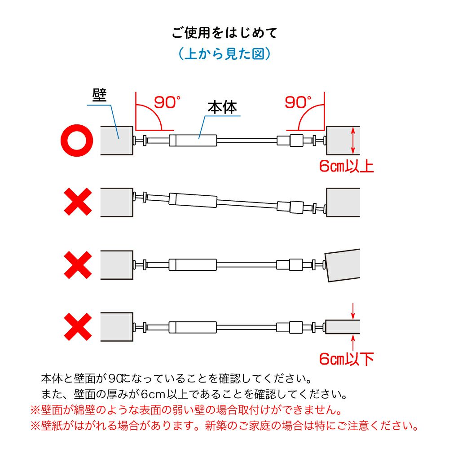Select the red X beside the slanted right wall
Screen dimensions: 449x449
[78, 265]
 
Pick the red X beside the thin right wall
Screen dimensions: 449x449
[78, 327]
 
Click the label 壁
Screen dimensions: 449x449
[99, 95]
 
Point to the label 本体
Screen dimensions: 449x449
[222, 107]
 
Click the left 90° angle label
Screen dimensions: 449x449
[167, 102]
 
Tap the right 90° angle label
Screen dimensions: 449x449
[298, 102]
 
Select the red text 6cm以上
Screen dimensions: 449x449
[347, 166]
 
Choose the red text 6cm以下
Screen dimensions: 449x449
[347, 359]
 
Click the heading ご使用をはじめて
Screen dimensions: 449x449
[224, 33]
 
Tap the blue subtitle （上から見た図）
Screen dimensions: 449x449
[224, 53]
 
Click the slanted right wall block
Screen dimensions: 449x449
[343, 265]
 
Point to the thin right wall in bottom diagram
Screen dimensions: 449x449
[343, 327]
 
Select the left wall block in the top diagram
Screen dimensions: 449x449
[117, 141]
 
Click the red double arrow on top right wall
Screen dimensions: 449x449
[353, 141]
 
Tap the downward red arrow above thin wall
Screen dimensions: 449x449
[353, 311]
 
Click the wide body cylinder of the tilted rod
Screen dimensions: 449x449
[193, 200]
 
